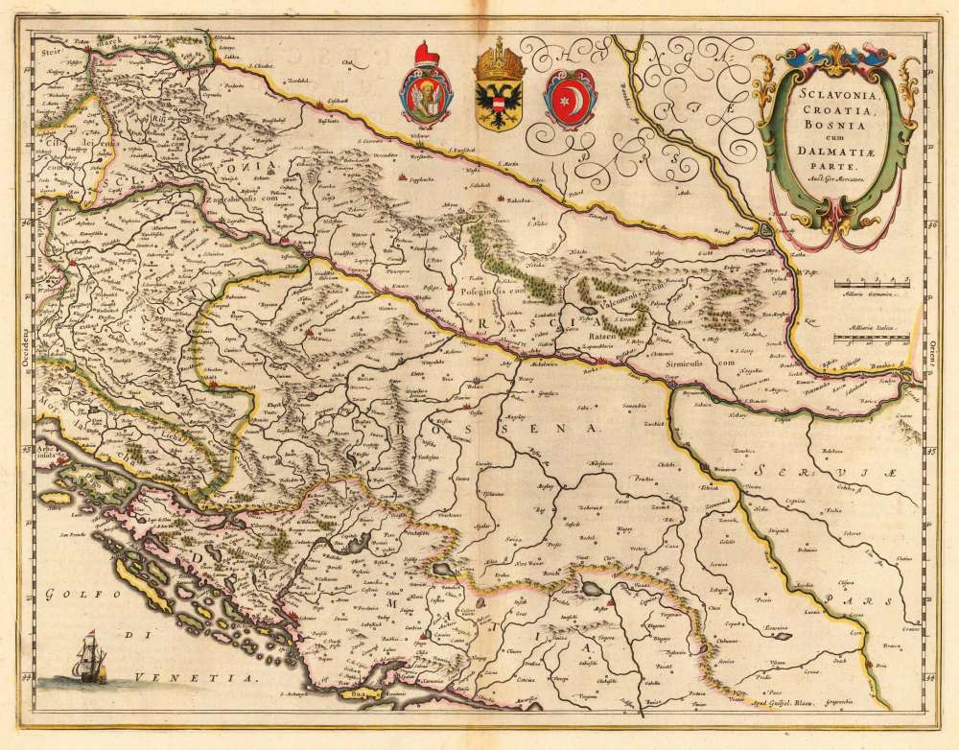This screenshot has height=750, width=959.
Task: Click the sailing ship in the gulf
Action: [91, 661]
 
